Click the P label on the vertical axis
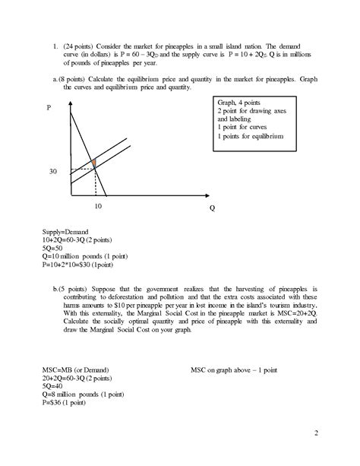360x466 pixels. (x=49, y=109)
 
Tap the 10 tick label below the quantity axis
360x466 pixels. (x=98, y=205)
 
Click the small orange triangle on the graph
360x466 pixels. (x=93, y=163)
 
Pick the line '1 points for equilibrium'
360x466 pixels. (x=250, y=137)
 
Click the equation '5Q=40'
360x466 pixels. (x=55, y=387)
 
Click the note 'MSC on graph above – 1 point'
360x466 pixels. (x=235, y=369)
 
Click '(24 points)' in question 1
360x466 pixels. (x=81, y=46)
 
